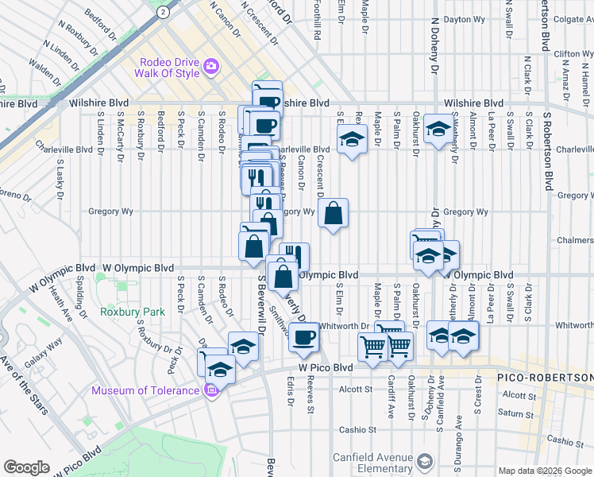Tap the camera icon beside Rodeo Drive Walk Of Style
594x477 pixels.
[x=211, y=67]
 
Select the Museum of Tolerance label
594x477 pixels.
[x=145, y=390]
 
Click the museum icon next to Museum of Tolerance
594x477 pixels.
[x=211, y=390]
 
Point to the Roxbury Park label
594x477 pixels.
[x=133, y=312]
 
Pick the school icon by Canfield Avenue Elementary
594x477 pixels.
[x=425, y=462]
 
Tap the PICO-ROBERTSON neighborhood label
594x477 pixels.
[x=546, y=377]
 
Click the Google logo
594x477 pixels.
[x=26, y=467]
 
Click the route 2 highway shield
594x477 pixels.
[x=163, y=12]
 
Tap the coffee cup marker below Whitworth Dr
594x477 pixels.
[x=303, y=337]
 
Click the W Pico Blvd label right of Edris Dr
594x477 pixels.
[x=326, y=368]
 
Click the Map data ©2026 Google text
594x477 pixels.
[x=544, y=471]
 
